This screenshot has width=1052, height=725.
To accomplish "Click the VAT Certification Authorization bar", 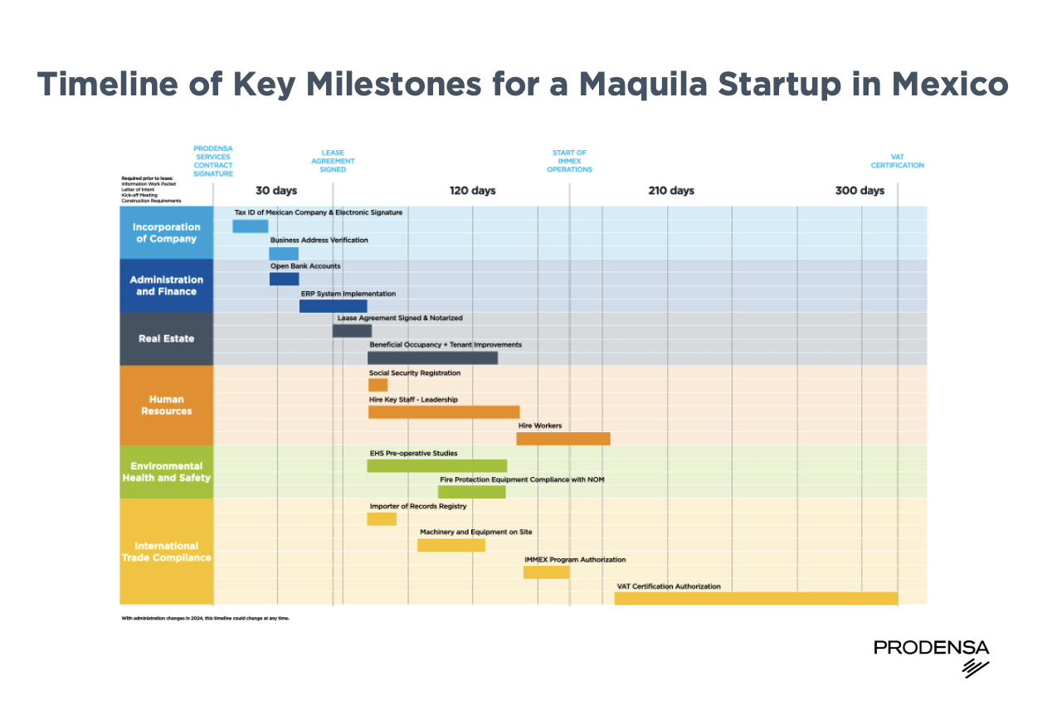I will pos(755,598).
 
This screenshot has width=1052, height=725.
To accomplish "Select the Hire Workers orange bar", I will pos(563,439).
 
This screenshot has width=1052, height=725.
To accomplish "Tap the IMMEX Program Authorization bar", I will pos(546,572).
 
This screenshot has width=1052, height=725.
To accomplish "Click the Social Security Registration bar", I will pos(377,385).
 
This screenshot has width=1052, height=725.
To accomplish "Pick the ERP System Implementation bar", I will pos(333,306).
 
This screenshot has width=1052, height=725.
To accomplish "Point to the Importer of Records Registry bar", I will pos(382,518).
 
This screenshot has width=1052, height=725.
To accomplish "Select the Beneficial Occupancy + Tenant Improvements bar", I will pos(432,358).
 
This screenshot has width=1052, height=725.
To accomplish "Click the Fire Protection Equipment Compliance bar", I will pos(471,492).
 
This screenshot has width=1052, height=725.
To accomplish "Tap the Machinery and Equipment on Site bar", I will pos(451,545).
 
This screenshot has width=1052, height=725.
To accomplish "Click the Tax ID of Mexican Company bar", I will pos(250,226).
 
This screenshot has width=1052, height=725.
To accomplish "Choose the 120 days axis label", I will pos(472,191).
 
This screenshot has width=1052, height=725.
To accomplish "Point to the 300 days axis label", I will pos(860,191).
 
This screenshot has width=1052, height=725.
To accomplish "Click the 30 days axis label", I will pos(275,191).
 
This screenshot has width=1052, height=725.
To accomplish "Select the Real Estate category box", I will pos(166,338).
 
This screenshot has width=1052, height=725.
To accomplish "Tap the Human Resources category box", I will pos(166,405).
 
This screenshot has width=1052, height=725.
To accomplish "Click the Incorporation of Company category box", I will pos(166,232).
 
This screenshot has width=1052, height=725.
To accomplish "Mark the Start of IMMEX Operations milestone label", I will pos(569,161).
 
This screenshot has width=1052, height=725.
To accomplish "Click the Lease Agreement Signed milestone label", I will pos(333,161).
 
